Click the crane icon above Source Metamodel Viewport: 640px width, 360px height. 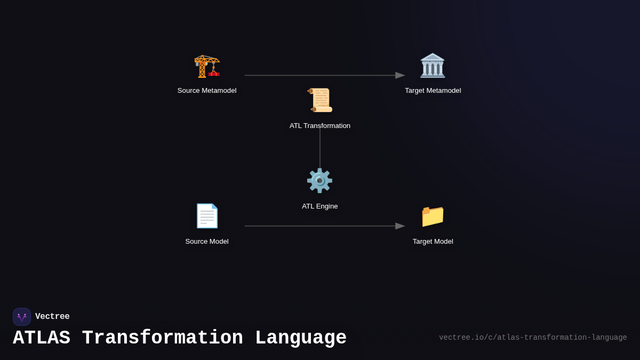[207, 66]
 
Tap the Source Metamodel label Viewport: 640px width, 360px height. [207, 91]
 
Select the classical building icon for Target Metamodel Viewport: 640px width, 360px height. [433, 66]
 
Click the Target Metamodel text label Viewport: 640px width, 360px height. [433, 91]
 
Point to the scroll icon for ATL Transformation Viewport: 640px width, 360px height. [320, 100]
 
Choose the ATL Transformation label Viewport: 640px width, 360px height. [320, 126]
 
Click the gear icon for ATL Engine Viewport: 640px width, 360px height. [319, 181]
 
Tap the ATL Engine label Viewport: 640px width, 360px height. [319, 206]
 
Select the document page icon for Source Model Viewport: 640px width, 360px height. [207, 216]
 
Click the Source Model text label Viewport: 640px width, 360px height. [207, 242]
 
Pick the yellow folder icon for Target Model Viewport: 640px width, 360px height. [433, 216]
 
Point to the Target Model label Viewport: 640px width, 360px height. [433, 242]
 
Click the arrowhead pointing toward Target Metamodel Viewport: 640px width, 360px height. [400, 75]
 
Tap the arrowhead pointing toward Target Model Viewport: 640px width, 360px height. [400, 226]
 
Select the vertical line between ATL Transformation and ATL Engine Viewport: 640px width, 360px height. [320, 148]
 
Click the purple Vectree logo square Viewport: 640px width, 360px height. [22, 317]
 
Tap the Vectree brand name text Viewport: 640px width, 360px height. [52, 317]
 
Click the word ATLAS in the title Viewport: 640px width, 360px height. [42, 338]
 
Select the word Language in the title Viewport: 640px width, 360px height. [301, 338]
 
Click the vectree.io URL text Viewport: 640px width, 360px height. [533, 338]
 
